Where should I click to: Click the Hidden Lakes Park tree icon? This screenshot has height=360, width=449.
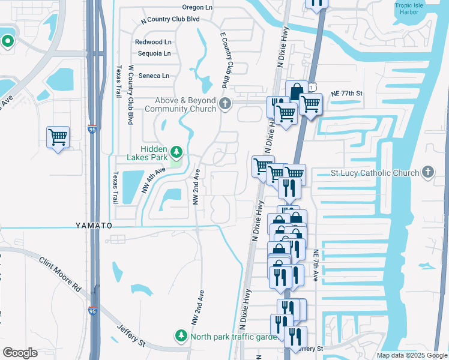click(176, 150)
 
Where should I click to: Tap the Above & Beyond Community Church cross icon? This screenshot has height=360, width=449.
click(225, 104)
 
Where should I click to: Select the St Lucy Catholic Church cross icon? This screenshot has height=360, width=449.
click(427, 173)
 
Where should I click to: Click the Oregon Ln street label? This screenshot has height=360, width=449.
click(198, 8)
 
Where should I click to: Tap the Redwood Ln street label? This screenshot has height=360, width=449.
click(153, 42)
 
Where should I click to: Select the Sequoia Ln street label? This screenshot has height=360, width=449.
click(154, 53)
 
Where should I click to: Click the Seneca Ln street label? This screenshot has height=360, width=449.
click(154, 76)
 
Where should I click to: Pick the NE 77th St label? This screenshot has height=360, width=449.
click(347, 94)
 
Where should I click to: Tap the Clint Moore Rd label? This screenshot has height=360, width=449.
click(60, 275)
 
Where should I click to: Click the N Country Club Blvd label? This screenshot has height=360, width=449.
click(170, 19)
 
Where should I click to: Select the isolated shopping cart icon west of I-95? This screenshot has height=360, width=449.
click(58, 137)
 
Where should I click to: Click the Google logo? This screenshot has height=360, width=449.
click(20, 353)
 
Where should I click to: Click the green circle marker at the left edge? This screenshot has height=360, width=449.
click(8, 41)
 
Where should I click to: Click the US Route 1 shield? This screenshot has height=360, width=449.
click(312, 88)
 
